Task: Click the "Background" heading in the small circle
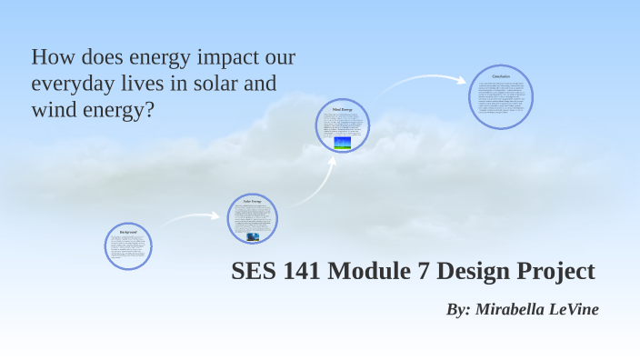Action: pos(128,232)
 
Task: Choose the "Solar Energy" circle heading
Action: pos(252,201)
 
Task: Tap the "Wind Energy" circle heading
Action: pos(342,109)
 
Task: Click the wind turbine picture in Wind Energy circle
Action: pos(342,143)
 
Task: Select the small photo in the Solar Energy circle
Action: pos(252,235)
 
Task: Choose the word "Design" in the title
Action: pos(488,272)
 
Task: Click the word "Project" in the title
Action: pos(561,272)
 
